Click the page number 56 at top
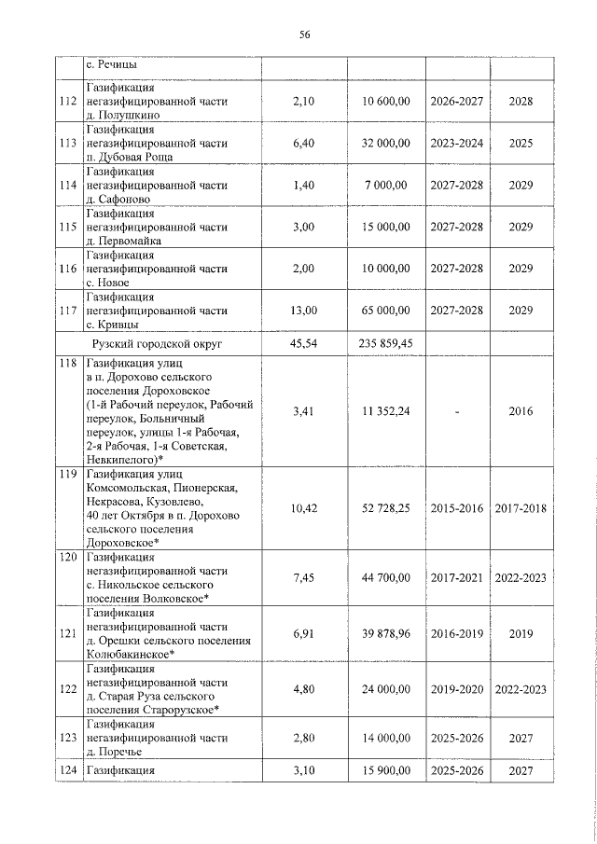304,35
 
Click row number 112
66,101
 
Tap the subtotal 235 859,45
384,343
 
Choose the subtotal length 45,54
304,343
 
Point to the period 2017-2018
521,508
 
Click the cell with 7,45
304,578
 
